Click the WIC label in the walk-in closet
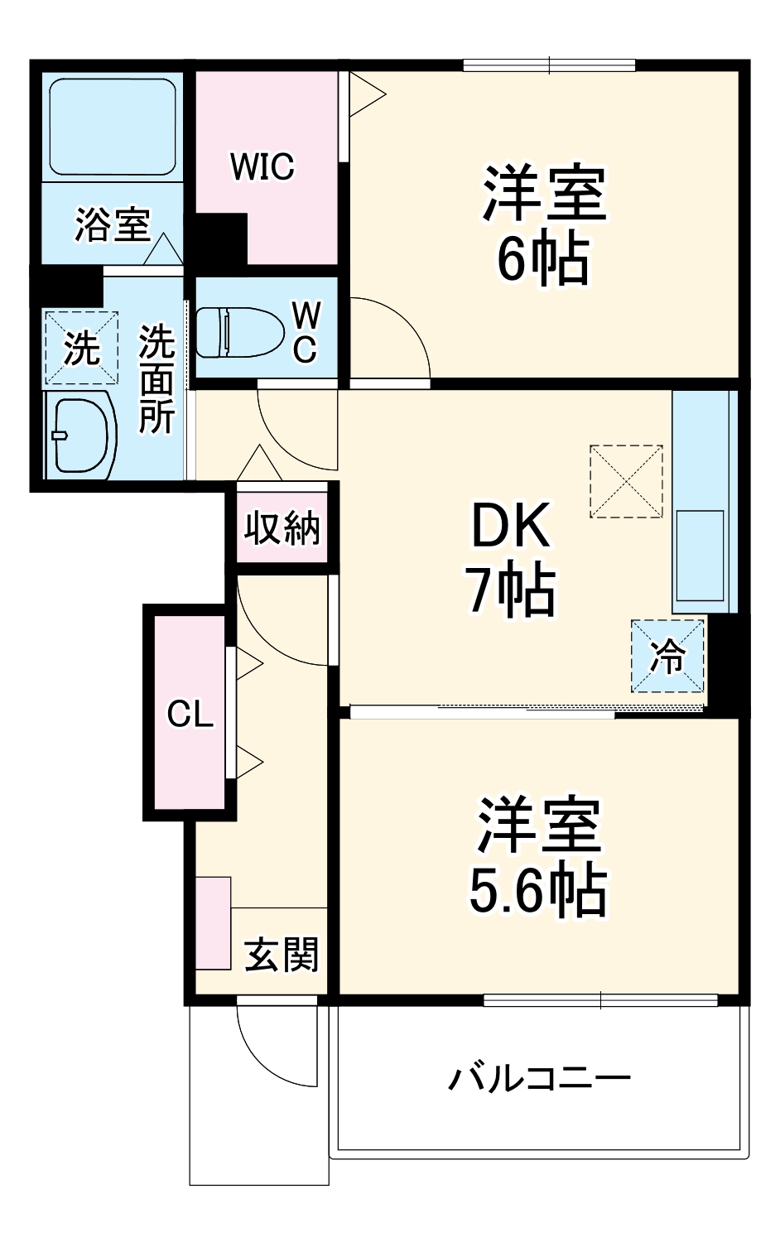pos(262,167)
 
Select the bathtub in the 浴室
pos(113,126)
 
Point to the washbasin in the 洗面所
pos(79,436)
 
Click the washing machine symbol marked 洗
pos(81,348)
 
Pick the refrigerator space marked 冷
pos(667,657)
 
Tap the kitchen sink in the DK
pos(701,555)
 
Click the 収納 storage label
pos(282,527)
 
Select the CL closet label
pos(190,714)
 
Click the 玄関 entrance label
pos(282,955)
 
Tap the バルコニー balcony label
pos(540,1078)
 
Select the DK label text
pos(510,526)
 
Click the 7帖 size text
pos(510,590)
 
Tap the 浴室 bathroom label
pos(113,224)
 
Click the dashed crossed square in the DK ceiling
pos(626,482)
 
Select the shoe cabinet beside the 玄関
pos(214,922)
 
